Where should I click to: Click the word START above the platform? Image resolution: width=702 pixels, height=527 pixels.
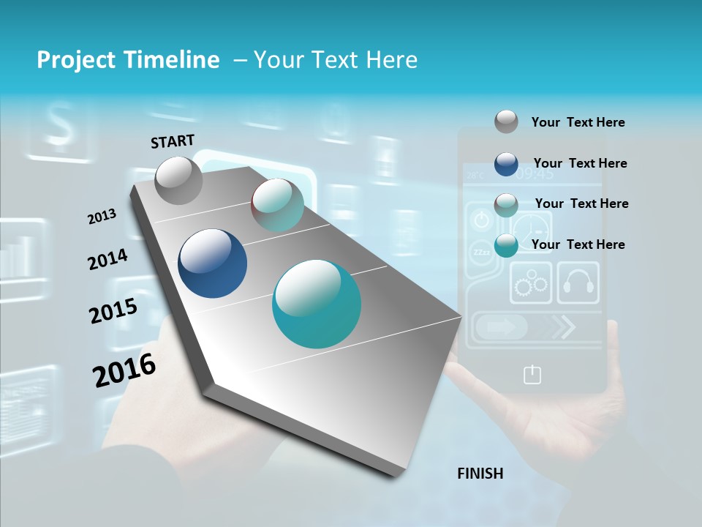(x=173, y=141)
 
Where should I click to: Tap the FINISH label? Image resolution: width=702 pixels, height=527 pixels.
(x=480, y=474)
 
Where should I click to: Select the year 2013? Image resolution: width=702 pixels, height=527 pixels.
(x=102, y=217)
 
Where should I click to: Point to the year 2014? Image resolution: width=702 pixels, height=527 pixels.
(x=107, y=259)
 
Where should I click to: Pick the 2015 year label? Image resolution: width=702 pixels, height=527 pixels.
(x=113, y=310)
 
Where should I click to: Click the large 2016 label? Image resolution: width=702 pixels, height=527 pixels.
(x=124, y=370)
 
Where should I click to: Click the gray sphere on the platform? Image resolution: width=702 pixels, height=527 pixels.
(x=178, y=180)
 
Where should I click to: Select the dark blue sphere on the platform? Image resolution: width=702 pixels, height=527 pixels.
(x=212, y=263)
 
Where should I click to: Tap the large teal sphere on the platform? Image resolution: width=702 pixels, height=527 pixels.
(x=317, y=304)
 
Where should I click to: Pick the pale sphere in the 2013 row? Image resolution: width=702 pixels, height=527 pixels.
(x=277, y=205)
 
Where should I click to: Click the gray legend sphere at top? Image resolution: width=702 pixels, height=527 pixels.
(x=506, y=122)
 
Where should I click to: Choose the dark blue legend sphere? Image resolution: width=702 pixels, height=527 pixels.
(x=506, y=164)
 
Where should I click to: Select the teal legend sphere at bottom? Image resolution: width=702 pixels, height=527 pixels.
(x=506, y=245)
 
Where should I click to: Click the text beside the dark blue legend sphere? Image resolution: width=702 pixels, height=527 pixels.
(x=580, y=163)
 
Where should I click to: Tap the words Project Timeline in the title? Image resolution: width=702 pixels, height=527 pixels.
(x=128, y=60)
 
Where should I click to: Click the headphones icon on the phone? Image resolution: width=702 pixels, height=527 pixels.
(x=578, y=283)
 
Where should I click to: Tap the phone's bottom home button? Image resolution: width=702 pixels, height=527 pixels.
(x=532, y=375)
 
